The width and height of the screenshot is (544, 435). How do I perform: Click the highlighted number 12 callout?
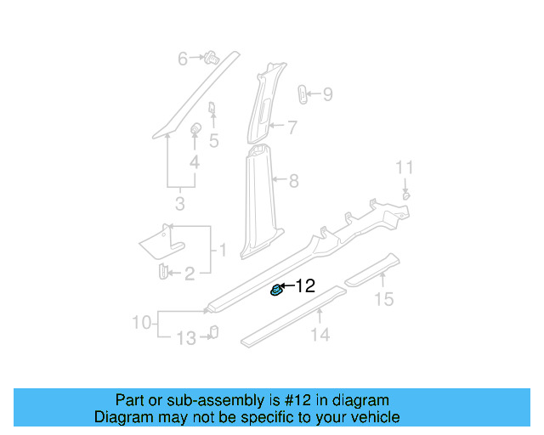click(x=305, y=286)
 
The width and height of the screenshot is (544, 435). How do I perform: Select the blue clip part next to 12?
click(x=276, y=291)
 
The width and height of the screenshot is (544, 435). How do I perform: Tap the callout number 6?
click(x=182, y=59)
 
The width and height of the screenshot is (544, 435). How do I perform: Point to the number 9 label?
click(x=327, y=94)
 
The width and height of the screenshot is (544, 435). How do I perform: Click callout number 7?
click(x=292, y=128)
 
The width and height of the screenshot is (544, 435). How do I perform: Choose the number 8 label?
click(x=294, y=180)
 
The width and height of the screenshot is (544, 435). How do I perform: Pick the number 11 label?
click(x=405, y=167)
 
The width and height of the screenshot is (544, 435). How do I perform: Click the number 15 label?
click(x=385, y=298)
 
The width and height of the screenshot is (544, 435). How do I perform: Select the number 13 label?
click(x=185, y=339)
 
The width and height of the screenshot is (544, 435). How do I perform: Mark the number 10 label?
click(x=141, y=323)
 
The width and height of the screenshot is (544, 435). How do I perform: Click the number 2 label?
click(x=190, y=273)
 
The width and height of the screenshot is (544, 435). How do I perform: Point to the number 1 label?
click(x=223, y=251)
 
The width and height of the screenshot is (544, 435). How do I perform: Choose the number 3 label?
click(x=179, y=204)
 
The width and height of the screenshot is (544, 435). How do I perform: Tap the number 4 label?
click(x=195, y=162)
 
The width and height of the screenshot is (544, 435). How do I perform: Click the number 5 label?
click(x=214, y=140)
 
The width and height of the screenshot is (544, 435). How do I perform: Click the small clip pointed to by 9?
click(x=303, y=94)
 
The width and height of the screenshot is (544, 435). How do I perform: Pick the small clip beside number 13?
click(x=213, y=332)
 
